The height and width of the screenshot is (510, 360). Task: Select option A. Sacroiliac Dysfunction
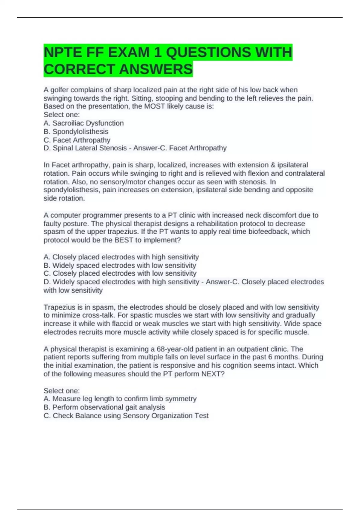tap(84, 123)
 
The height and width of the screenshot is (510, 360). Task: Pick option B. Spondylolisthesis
tap(76, 132)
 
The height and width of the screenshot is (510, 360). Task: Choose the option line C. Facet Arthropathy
tap(77, 140)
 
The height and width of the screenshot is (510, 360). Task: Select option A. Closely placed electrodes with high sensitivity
tap(121, 257)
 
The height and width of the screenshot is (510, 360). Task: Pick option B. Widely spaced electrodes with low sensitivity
tap(120, 265)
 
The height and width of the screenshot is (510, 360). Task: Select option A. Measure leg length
tap(120, 399)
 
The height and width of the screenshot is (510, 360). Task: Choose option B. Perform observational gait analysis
tap(104, 407)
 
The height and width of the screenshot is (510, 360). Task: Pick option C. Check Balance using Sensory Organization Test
tap(126, 416)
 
